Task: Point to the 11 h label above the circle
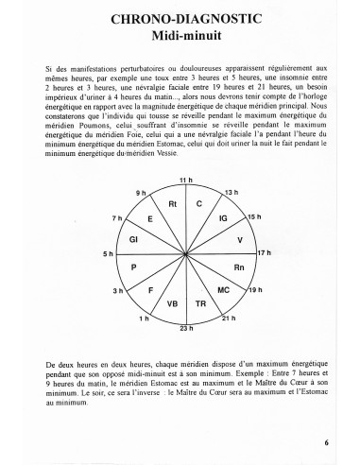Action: pyautogui.click(x=184, y=180)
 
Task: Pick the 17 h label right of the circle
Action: pyautogui.click(x=266, y=254)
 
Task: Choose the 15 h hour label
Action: pyautogui.click(x=254, y=216)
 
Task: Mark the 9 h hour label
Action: pyautogui.click(x=141, y=193)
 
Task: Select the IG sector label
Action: pyautogui.click(x=223, y=218)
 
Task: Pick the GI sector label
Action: pyautogui.click(x=135, y=240)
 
